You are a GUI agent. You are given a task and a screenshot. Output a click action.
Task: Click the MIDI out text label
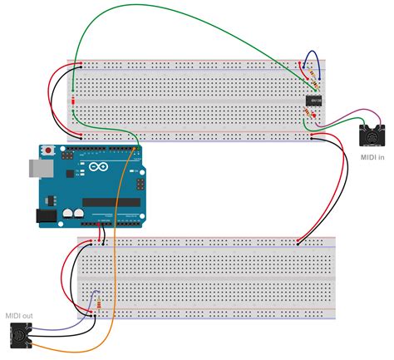pyautogui.click(x=17, y=315)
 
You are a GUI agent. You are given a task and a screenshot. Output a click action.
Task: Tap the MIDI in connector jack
pyautogui.click(x=372, y=131)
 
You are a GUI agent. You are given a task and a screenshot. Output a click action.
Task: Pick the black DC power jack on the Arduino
pyautogui.click(x=47, y=215)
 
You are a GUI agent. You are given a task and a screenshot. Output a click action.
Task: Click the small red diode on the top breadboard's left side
pyautogui.click(x=73, y=101)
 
